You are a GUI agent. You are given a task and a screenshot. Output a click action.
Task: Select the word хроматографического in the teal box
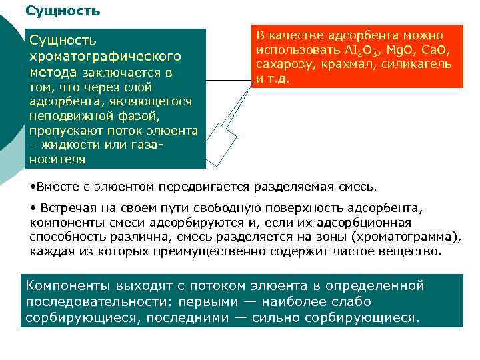[x=105, y=57]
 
